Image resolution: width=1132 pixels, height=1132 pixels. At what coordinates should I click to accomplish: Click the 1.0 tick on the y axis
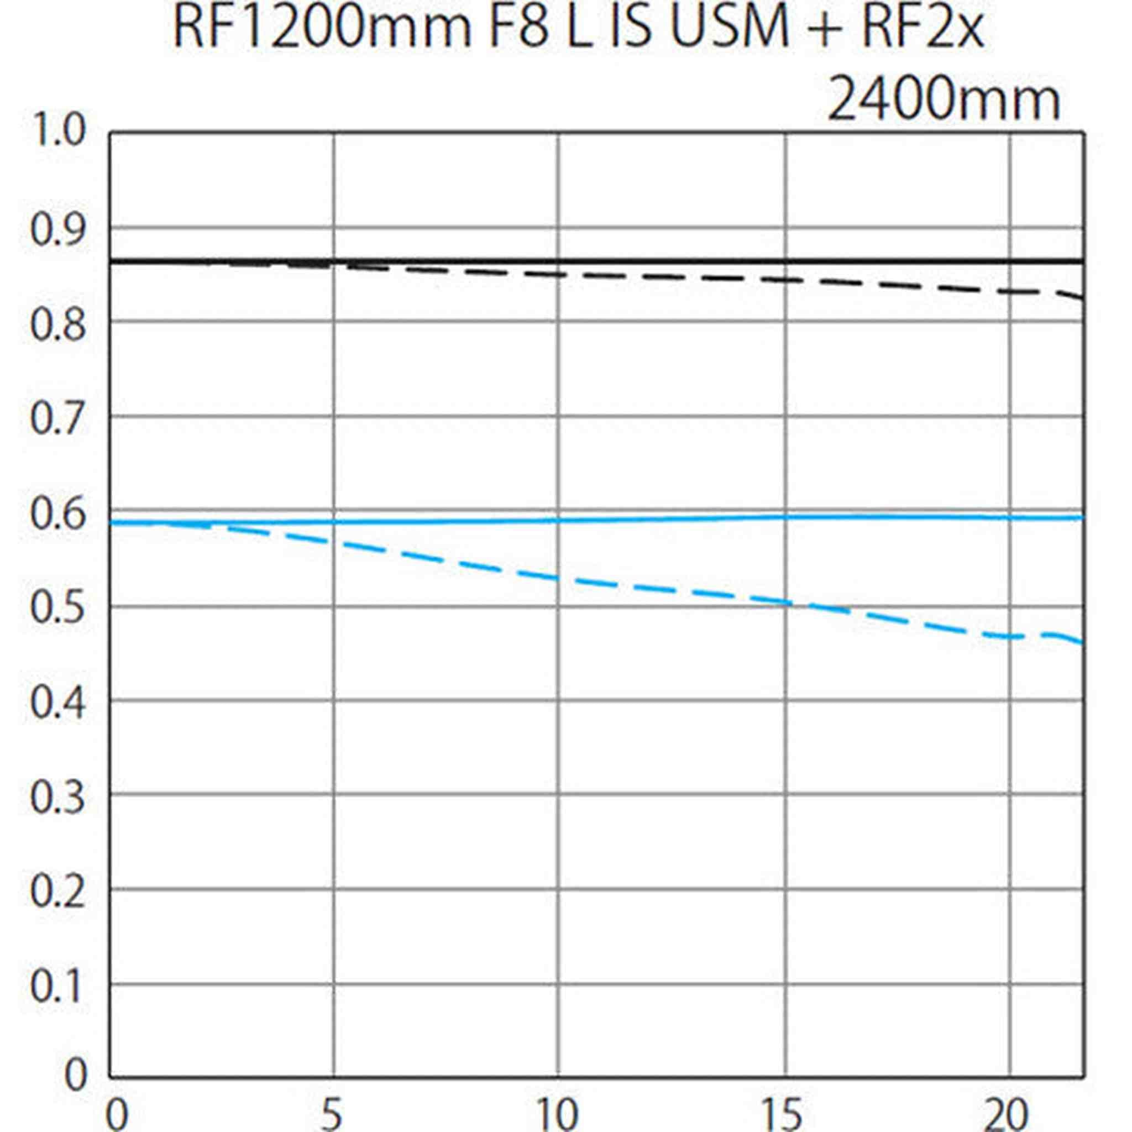tap(57, 130)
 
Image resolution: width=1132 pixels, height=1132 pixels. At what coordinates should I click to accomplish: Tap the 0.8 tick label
tap(57, 324)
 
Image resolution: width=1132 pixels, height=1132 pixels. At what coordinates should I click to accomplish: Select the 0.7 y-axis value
tap(57, 419)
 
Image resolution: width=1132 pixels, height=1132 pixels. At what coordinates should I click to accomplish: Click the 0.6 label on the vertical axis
tap(57, 514)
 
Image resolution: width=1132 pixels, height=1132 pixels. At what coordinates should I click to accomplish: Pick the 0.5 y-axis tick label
tap(57, 608)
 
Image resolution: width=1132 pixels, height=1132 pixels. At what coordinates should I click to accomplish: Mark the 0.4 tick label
tap(57, 703)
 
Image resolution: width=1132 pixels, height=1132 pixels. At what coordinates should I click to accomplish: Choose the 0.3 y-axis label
tap(57, 798)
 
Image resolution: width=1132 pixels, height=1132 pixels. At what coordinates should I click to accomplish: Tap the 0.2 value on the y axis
tap(57, 892)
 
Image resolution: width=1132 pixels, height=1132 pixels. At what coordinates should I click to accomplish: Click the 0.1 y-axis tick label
tap(57, 987)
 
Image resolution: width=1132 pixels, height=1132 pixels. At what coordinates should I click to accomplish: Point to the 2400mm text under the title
tap(944, 101)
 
